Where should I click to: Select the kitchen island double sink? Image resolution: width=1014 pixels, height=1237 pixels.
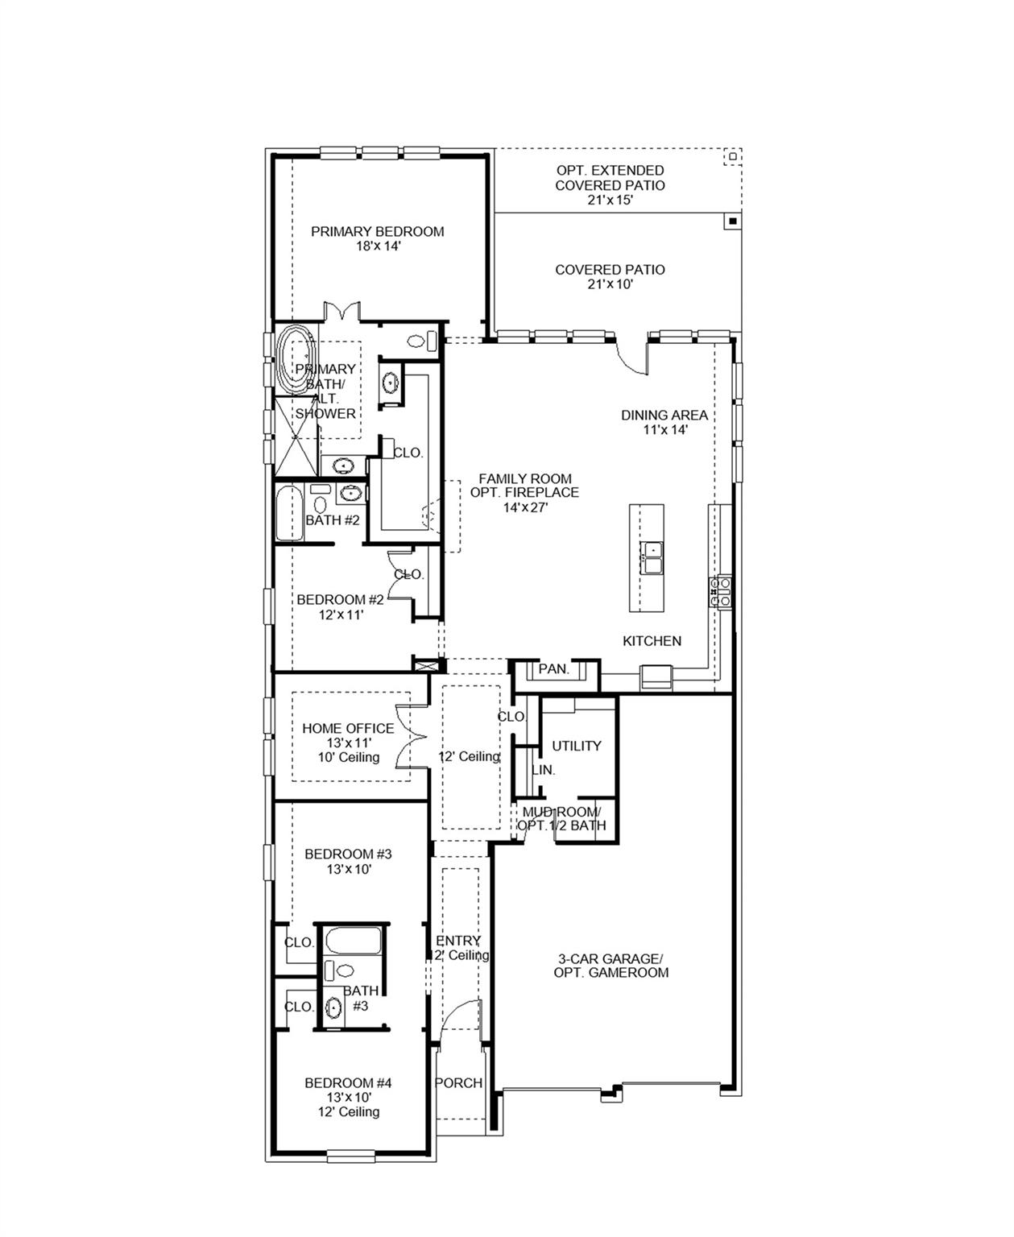pos(652,557)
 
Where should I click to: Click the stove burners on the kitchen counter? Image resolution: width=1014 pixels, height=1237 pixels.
pos(720,592)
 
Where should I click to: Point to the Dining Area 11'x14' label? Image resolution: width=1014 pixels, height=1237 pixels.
pos(664,422)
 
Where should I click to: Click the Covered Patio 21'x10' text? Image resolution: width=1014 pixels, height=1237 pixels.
pos(610,276)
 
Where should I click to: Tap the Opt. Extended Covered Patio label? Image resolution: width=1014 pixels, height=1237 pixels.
pos(610,184)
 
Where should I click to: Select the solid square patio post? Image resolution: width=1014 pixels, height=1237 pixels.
pos(732,220)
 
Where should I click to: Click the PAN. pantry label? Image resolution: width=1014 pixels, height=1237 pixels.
pos(553,669)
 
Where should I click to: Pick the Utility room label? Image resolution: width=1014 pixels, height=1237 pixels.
pos(577,746)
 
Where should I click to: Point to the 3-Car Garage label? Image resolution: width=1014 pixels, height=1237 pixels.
pos(610,965)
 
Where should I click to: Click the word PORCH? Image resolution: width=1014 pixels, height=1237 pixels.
pos(459,1083)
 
